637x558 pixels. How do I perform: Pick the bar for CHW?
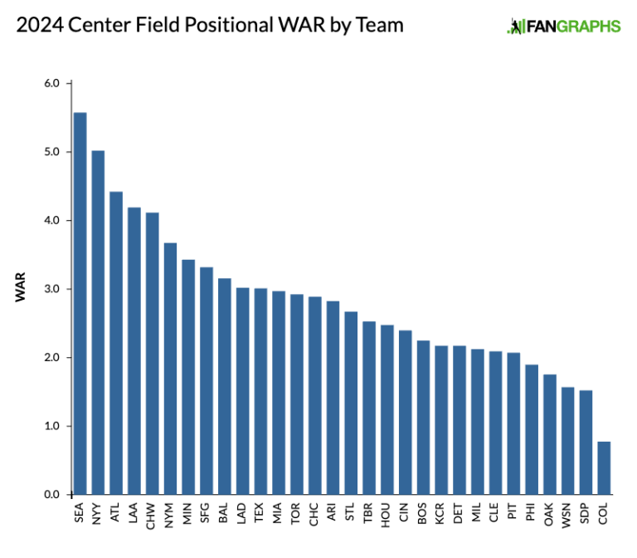pyautogui.click(x=152, y=353)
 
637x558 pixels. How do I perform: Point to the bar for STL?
pyautogui.click(x=351, y=403)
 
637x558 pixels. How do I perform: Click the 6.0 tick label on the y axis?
pyautogui.click(x=51, y=84)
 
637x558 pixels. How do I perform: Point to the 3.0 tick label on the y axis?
pyautogui.click(x=51, y=289)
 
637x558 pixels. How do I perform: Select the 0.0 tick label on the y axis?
pyautogui.click(x=51, y=494)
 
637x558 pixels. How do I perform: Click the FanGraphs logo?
pyautogui.click(x=563, y=27)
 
